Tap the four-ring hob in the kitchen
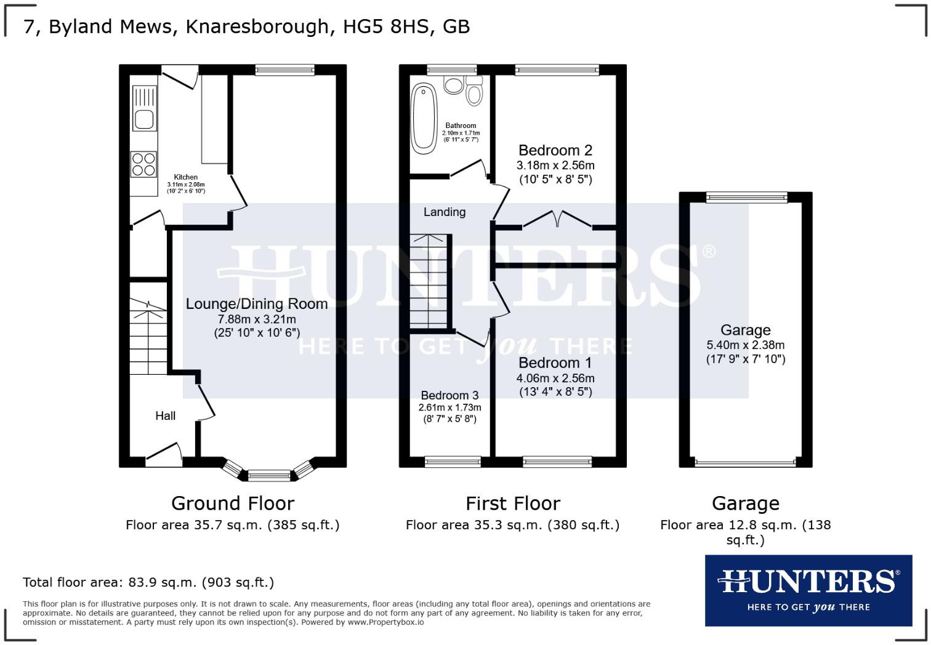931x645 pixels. [143, 164]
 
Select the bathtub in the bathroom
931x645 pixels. [424, 118]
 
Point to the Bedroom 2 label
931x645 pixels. [555, 150]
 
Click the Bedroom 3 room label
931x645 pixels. [449, 395]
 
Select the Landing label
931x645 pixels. [444, 212]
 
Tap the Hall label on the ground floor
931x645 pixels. [165, 416]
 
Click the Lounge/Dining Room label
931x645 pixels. [256, 303]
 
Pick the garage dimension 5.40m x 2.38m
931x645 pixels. [745, 345]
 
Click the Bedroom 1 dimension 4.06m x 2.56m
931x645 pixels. [555, 379]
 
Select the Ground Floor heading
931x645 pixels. [233, 503]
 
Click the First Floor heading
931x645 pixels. [512, 503]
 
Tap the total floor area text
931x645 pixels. [148, 582]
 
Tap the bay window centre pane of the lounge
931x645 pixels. [268, 475]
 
